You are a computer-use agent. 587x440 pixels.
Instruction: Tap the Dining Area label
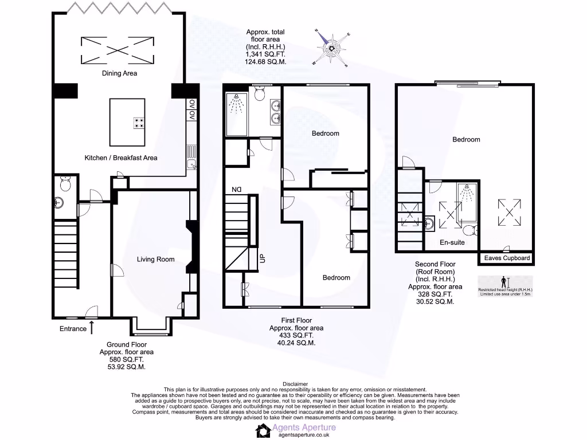(119, 73)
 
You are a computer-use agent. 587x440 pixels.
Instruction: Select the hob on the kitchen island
(139, 122)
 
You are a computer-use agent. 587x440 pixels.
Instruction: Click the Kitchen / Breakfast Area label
(121, 158)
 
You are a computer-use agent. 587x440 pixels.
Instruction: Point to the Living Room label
(155, 259)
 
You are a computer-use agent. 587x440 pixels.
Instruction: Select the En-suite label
(452, 242)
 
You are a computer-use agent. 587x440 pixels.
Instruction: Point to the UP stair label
(263, 258)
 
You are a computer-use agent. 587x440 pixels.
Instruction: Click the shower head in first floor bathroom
(236, 103)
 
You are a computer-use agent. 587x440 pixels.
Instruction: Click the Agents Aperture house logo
(263, 430)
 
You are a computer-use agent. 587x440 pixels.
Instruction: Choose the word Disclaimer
(295, 384)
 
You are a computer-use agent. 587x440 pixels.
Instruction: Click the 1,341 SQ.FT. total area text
(265, 53)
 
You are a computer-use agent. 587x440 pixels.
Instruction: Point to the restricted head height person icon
(504, 282)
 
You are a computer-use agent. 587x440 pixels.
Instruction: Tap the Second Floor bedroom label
(466, 139)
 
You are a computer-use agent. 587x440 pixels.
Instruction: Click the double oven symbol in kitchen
(191, 110)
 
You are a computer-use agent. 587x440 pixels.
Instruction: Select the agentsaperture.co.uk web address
(303, 435)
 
